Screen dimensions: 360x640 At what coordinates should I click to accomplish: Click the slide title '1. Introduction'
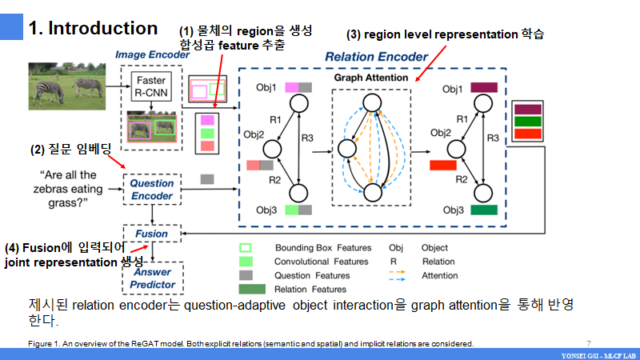click(93, 29)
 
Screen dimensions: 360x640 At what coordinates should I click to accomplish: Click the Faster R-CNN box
click(150, 86)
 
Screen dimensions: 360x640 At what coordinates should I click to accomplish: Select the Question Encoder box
click(152, 190)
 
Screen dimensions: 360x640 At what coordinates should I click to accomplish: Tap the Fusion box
click(152, 234)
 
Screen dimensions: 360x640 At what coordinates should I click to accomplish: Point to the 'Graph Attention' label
click(370, 78)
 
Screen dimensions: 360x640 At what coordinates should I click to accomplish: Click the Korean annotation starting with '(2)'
click(66, 149)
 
